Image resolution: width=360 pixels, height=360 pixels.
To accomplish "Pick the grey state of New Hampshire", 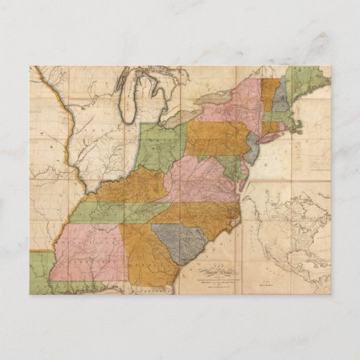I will pos(280,98).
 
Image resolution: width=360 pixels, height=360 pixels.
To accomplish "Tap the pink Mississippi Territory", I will pos(88,251).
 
